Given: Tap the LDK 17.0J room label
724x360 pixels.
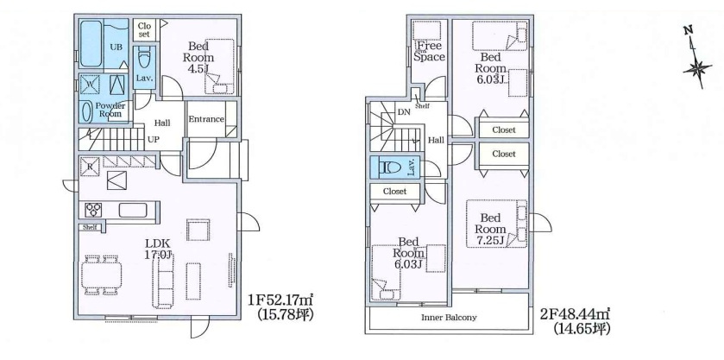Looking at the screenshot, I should pos(157,249).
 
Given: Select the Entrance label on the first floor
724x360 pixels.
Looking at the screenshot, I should pos(206,119).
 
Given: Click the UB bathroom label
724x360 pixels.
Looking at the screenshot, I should pos(115,47).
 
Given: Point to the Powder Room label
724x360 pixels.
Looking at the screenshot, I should pos(110,110).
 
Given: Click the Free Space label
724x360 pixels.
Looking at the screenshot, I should pos(429,52).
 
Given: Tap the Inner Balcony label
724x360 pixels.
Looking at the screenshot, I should pos(449,318).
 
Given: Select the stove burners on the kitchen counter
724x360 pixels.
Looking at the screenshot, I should pos(93,209).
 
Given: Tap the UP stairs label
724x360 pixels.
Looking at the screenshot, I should pos(153,139).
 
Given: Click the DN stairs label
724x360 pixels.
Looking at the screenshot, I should pos(404,113).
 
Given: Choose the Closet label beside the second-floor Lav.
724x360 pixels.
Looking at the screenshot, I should pos(394,192).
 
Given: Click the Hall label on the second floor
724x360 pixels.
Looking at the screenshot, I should pos(436,140).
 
